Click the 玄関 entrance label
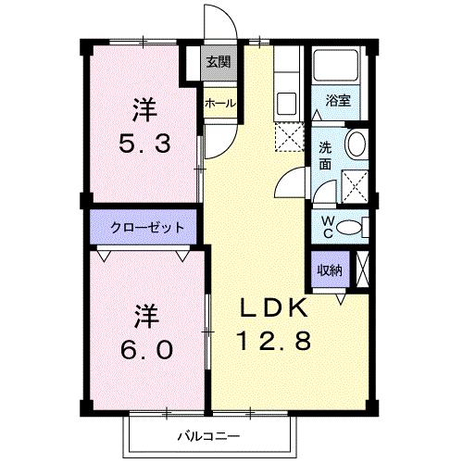(x=218, y=63)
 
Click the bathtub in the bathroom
(x=334, y=67)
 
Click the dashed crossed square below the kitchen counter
(x=287, y=137)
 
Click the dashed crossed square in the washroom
(x=352, y=187)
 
